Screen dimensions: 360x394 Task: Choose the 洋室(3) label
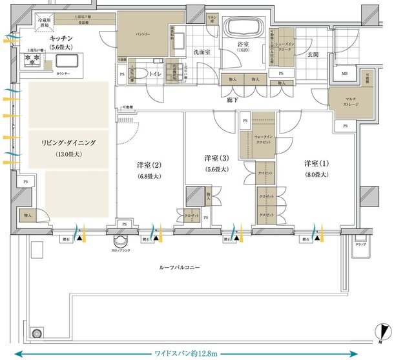click(x=216, y=158)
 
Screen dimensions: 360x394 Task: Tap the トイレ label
click(x=155, y=74)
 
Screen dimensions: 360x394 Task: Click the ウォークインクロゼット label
click(x=264, y=139)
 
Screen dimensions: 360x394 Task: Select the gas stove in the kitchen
click(x=32, y=60)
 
